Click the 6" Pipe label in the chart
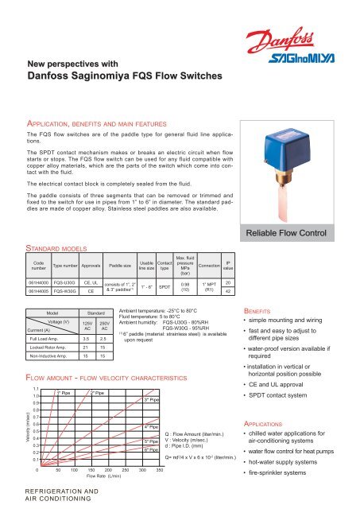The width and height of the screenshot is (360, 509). point(153,449)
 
